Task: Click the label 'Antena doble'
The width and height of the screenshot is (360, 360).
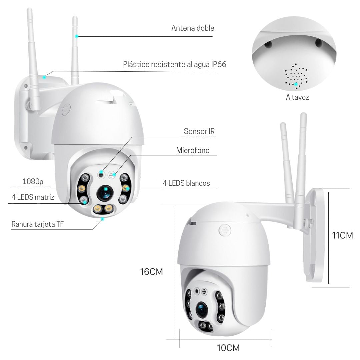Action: click(x=193, y=28)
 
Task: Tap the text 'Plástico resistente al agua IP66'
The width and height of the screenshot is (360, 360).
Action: click(x=174, y=64)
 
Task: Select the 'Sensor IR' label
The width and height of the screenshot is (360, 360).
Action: click(x=199, y=131)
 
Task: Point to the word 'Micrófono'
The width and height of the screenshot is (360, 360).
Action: click(x=193, y=150)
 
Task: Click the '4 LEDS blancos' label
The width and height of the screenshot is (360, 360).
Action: click(x=186, y=183)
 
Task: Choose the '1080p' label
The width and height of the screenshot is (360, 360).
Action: click(x=33, y=182)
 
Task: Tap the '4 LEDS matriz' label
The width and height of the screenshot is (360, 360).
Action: click(x=33, y=197)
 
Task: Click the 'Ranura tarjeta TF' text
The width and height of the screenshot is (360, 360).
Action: click(x=37, y=224)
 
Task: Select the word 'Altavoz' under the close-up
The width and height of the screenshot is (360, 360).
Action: click(x=297, y=97)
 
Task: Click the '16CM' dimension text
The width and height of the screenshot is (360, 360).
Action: click(x=152, y=272)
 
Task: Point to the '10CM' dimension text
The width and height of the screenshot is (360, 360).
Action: click(x=228, y=348)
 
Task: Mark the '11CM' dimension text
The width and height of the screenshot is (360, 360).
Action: click(x=342, y=236)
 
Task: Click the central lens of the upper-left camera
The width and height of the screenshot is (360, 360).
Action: click(x=105, y=192)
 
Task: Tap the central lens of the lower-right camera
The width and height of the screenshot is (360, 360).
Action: click(x=202, y=309)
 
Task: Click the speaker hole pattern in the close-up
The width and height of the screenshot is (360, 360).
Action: click(x=296, y=76)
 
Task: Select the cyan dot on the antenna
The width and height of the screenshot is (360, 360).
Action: click(x=76, y=36)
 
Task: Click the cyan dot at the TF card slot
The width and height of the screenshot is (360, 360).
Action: click(x=103, y=219)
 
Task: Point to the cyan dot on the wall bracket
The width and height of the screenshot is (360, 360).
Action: click(x=44, y=77)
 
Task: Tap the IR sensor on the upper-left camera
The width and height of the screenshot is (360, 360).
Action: click(x=101, y=175)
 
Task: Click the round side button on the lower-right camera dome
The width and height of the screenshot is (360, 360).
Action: click(x=225, y=230)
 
